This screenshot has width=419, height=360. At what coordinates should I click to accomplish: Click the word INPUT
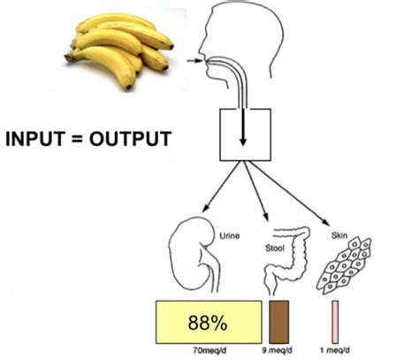tap(34, 139)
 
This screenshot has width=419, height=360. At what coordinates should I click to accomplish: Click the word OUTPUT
tap(130, 139)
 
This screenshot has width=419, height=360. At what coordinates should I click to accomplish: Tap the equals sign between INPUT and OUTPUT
tap(76, 139)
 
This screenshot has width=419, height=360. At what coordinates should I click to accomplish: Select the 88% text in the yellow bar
tap(208, 323)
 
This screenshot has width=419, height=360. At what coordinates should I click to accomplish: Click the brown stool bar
tap(279, 322)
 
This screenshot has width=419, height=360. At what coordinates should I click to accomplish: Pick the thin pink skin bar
tap(335, 322)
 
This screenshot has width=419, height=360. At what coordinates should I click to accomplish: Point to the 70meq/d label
tap(209, 351)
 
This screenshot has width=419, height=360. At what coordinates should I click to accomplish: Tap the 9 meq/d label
tap(278, 350)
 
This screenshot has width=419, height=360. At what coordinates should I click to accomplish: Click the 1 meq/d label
tap(335, 350)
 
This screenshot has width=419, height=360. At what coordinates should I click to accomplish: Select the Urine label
tap(230, 236)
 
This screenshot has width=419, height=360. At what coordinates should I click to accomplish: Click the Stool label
tap(275, 249)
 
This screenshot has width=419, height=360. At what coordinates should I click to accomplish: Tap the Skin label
tap(339, 235)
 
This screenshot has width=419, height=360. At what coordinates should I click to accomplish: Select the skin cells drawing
tap(344, 266)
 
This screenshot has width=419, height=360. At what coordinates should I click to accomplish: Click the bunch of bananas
tap(119, 50)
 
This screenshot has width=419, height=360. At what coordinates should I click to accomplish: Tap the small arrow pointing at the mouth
tap(195, 61)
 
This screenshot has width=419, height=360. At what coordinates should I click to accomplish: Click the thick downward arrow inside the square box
tap(243, 127)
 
